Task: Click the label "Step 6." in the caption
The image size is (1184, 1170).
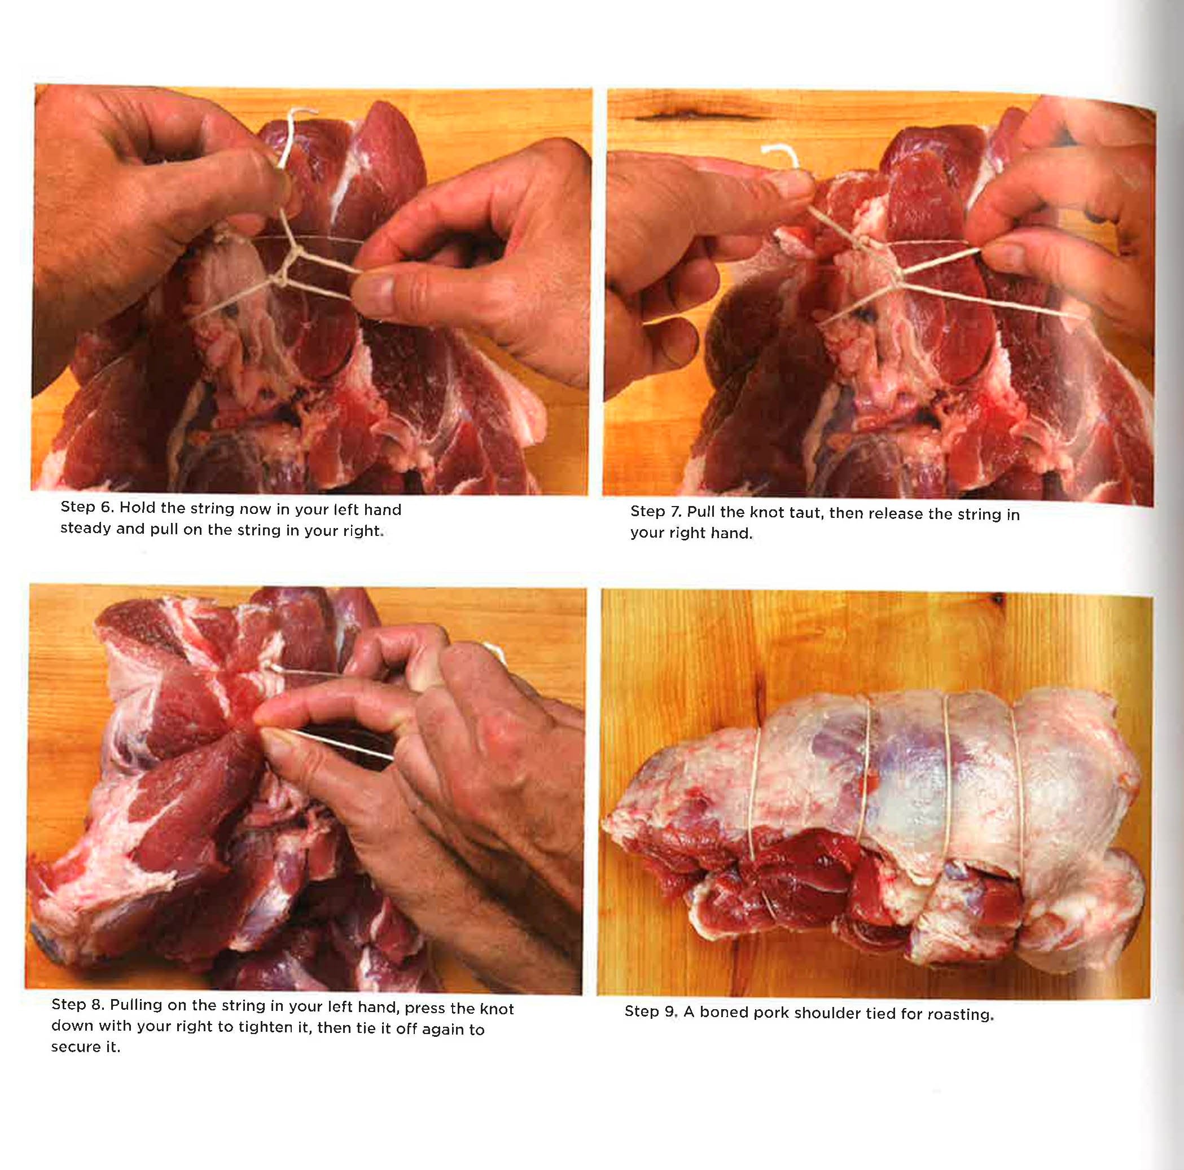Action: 86,507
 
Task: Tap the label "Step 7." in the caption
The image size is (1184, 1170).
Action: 656,511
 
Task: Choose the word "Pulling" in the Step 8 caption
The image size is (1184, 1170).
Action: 136,1005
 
